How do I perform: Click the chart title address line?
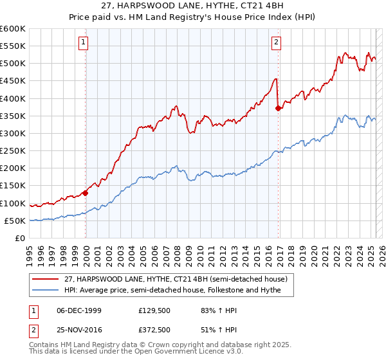(x=193, y=6)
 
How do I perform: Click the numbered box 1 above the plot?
(x=84, y=43)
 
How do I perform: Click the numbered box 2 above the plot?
(x=276, y=43)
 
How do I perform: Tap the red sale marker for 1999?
(x=85, y=192)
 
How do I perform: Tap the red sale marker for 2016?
(x=278, y=108)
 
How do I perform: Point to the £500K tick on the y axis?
(x=14, y=64)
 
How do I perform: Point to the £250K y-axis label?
(x=14, y=151)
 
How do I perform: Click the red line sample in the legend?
(x=46, y=279)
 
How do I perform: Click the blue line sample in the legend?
(x=46, y=290)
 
